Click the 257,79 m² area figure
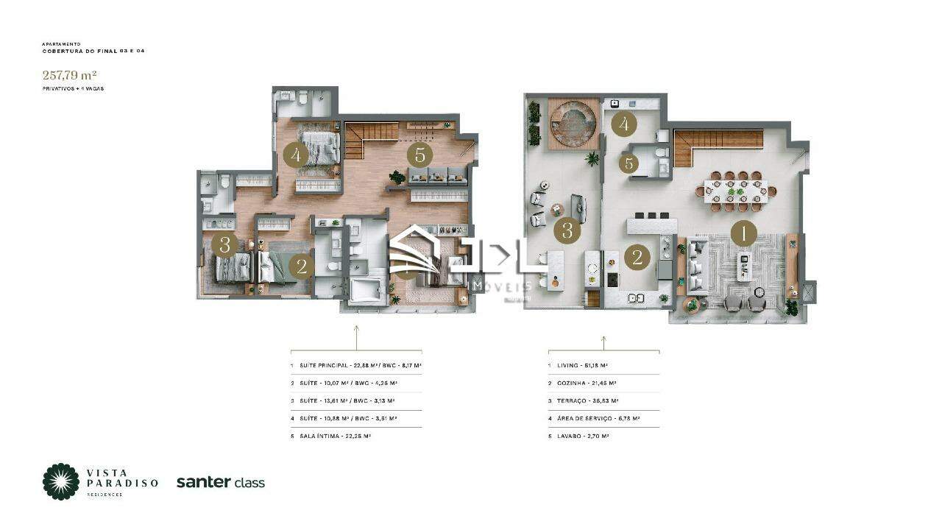70,74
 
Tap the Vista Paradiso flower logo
60,481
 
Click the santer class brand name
220,483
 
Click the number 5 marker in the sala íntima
420,155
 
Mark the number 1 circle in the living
743,234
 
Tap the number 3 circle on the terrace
567,230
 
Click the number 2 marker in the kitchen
637,257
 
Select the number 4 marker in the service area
624,124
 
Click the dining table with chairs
732,191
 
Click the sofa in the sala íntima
438,177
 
